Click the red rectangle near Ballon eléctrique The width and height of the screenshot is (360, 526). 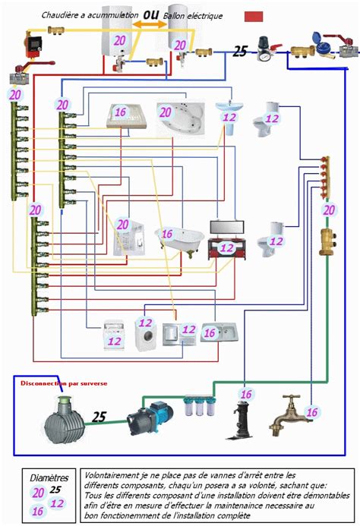pos(254,17)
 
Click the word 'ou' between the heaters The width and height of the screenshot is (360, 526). pos(151,14)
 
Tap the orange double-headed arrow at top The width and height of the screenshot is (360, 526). pos(150,24)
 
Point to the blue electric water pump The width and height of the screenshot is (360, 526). pos(150,417)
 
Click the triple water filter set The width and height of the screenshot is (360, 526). pos(200,405)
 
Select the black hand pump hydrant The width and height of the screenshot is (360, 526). pos(241,419)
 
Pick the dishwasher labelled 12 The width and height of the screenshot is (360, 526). pos(114,335)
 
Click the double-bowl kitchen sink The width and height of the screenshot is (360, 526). pos(219,332)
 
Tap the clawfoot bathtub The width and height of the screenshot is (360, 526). pos(180,239)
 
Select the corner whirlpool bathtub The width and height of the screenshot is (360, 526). pos(181,118)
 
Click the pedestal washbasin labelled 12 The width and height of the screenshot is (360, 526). pos(229,117)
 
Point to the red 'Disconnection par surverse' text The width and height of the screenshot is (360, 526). pos(64,383)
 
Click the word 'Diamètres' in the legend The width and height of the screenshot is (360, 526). pos(49,478)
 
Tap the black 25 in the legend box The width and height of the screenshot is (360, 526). pos(55,490)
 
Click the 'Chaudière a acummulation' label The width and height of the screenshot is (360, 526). pos(90,15)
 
